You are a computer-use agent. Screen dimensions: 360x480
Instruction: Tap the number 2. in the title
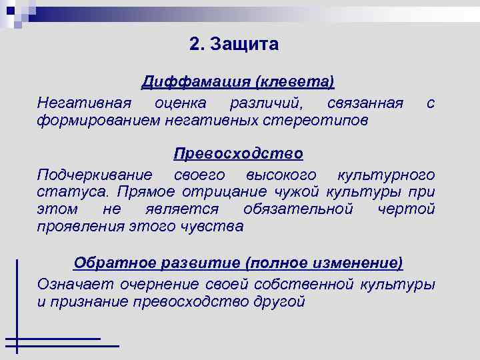tap(195, 45)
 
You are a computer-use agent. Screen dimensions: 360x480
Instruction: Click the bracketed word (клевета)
tap(293, 82)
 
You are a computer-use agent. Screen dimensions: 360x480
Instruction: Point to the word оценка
tap(180, 103)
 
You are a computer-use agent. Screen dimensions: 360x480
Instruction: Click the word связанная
tap(365, 103)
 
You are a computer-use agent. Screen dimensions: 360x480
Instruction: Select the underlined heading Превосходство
tap(238, 154)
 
